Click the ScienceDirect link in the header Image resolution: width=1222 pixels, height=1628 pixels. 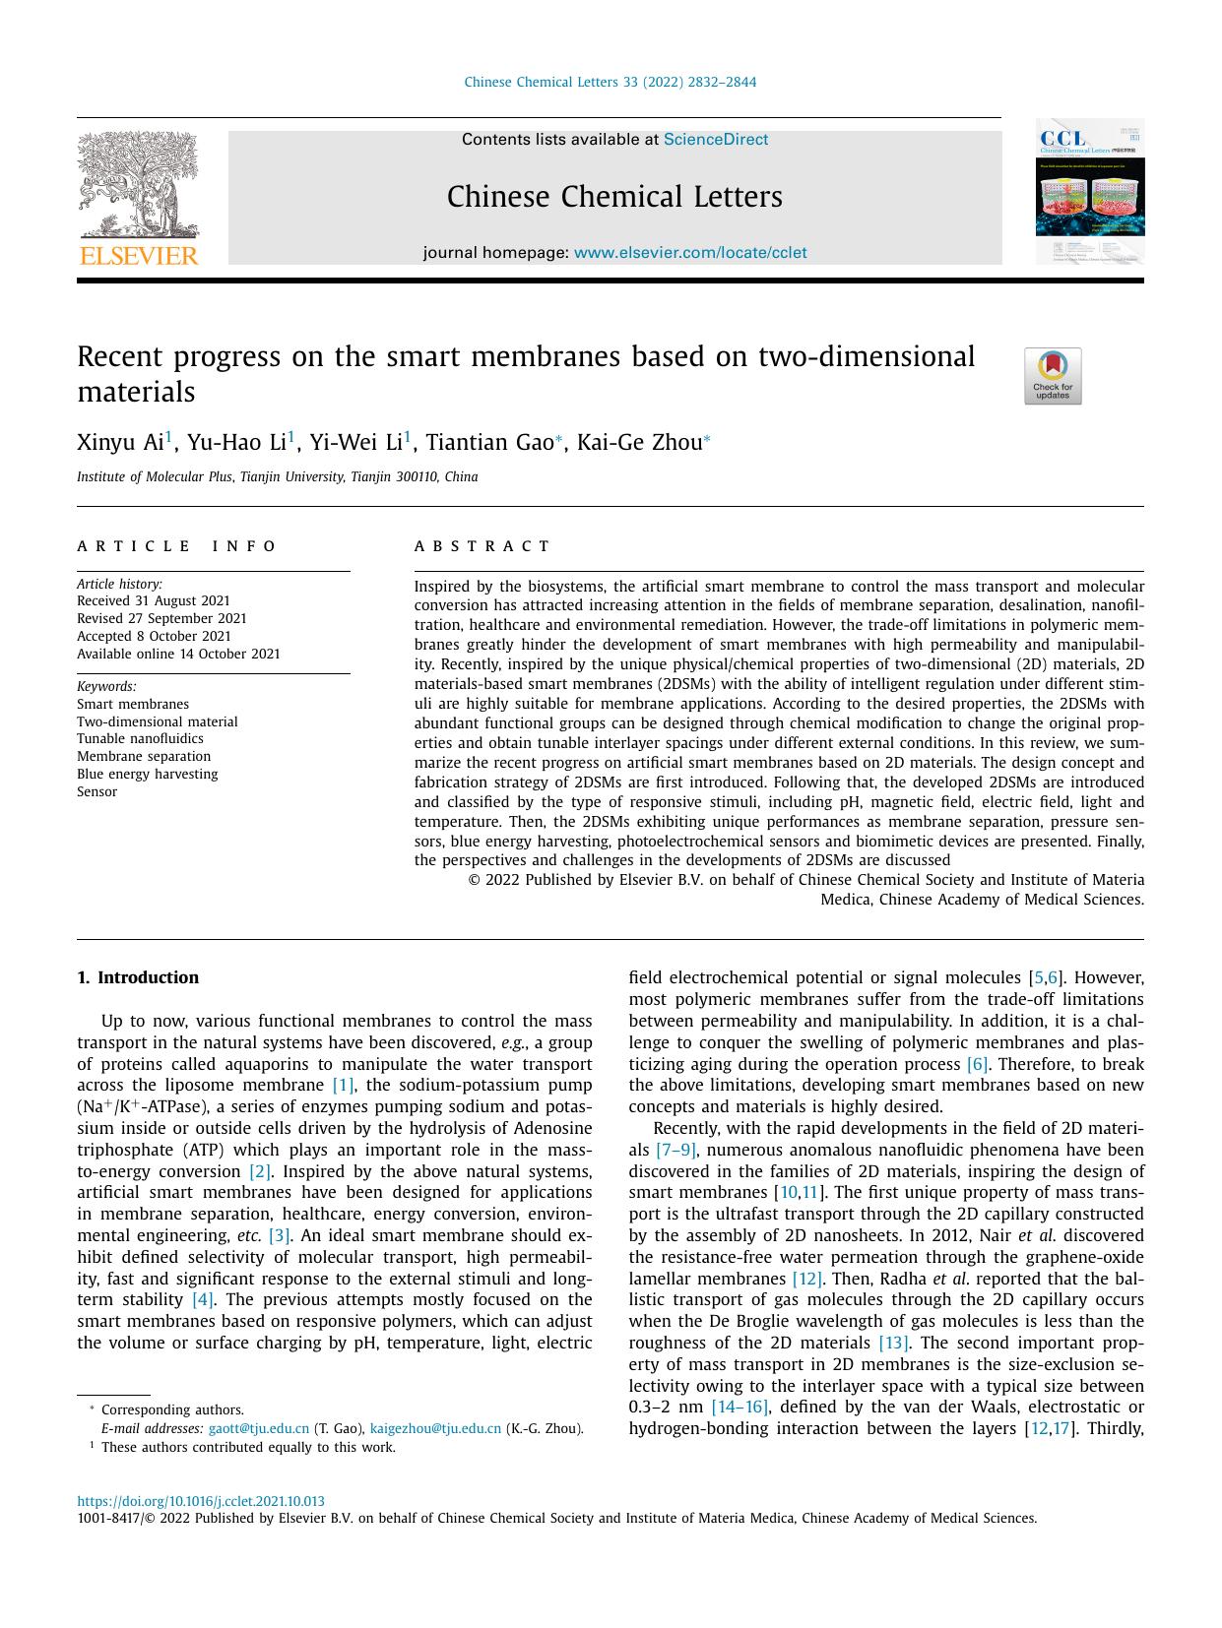coord(715,140)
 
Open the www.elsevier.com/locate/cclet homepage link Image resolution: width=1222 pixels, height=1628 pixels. coord(689,253)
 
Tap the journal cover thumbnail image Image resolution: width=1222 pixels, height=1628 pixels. coord(1089,192)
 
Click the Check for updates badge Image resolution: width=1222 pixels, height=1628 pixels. coord(1052,376)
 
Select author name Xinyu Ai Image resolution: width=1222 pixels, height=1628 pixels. coord(120,443)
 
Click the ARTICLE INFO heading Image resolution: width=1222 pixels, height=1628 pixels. coord(177,546)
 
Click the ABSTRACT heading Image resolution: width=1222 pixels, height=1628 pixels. coord(482,546)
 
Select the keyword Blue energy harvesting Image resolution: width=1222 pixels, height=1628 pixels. coord(148,775)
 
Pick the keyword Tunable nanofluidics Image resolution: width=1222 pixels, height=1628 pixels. coord(140,739)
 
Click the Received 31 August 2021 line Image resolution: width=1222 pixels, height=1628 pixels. coord(154,601)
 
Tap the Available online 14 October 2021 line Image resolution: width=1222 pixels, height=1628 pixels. coord(178,655)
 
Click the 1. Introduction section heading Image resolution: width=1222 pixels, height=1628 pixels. coord(138,977)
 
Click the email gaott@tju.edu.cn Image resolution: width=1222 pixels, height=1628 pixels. coord(259,1429)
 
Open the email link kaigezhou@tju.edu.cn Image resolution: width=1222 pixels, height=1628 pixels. coord(435,1429)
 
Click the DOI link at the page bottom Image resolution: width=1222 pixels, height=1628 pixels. coord(201,1502)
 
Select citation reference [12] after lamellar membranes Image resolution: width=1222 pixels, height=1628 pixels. coord(806,1279)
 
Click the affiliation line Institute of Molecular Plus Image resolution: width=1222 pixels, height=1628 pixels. coord(277,477)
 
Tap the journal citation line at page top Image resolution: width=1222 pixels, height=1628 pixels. coord(611,83)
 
